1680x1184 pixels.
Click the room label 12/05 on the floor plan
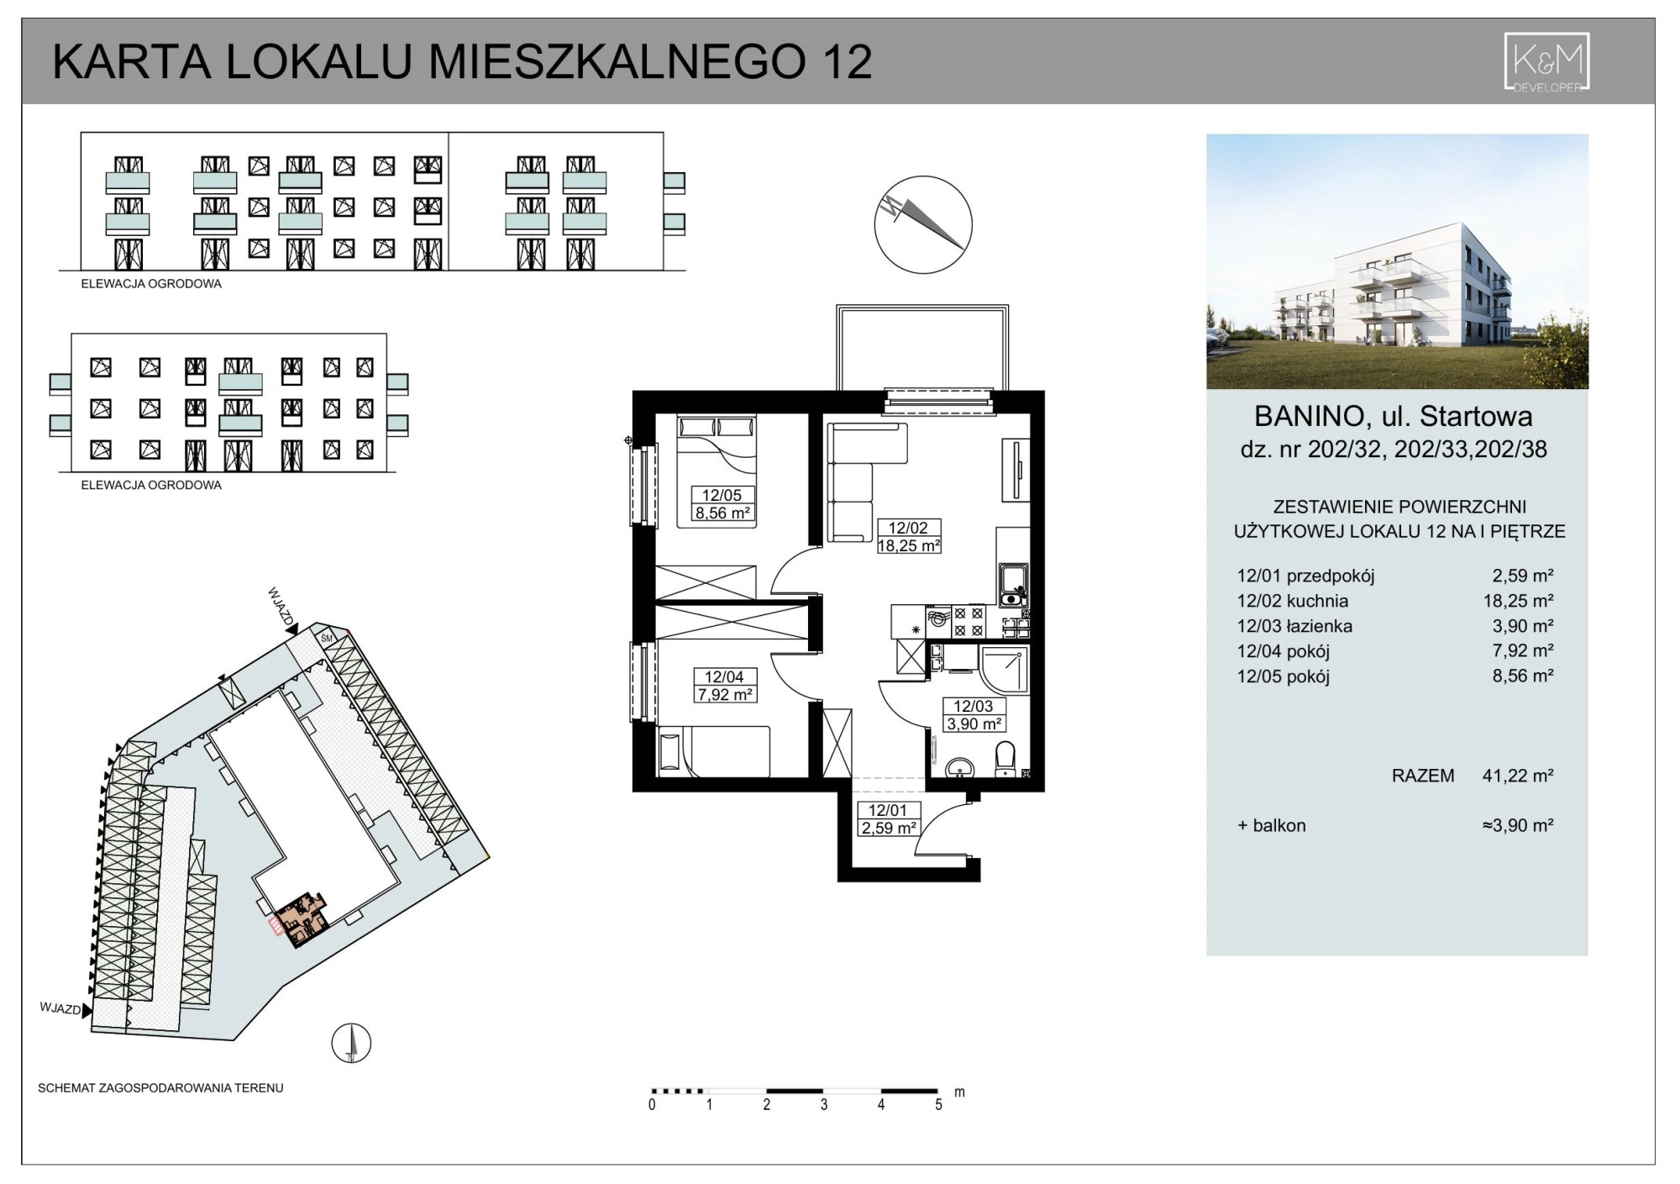pos(722,496)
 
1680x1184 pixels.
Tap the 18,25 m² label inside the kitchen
pos(908,545)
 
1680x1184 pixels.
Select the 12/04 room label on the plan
pos(724,677)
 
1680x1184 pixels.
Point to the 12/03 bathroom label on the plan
pos(973,707)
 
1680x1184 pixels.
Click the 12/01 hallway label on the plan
pos(888,811)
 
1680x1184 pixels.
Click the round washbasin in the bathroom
pos(959,768)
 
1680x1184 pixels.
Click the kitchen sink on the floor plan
pos(1013,585)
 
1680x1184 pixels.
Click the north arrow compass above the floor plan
pos(923,224)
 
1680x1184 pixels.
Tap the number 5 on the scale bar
pos(938,1105)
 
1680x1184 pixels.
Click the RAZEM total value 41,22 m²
pos(1518,776)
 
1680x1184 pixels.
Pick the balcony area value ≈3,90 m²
pos(1518,825)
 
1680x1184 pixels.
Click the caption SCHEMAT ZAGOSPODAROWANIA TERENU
pos(160,1088)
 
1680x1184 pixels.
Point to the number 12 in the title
pos(848,61)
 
